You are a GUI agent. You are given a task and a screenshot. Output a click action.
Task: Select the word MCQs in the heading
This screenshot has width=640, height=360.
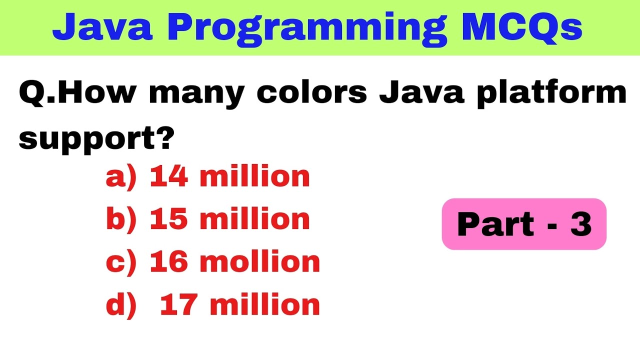pyautogui.click(x=522, y=28)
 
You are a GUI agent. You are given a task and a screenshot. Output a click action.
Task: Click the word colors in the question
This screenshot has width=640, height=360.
pyautogui.click(x=312, y=93)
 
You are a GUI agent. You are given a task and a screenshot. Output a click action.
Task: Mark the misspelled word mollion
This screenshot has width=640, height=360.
pyautogui.click(x=260, y=261)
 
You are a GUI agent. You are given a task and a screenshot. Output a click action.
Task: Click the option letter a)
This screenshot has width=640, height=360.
pyautogui.click(x=120, y=177)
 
